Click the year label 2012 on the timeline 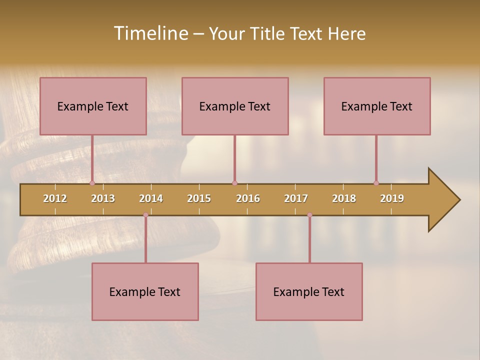point(55,198)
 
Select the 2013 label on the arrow point(103,198)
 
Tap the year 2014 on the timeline point(151,198)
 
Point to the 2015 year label point(199,198)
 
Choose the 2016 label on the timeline point(248,198)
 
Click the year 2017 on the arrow point(296,198)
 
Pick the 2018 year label point(344,198)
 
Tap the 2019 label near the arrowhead point(392,198)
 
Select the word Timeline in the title point(150,33)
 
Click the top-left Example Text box point(93,106)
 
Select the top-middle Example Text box point(235,106)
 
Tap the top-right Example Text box point(377,106)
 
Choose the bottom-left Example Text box point(145,291)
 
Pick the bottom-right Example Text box point(309,291)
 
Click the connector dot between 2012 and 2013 point(92,183)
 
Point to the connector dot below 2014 point(145,215)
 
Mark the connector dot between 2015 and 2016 point(234,183)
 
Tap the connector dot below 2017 point(309,215)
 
